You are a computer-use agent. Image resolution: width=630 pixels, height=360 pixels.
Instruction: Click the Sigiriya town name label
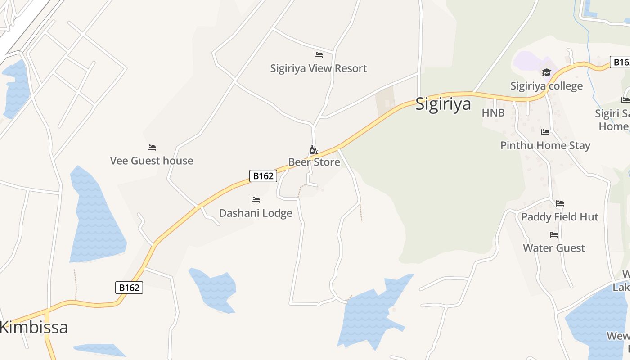[443, 104]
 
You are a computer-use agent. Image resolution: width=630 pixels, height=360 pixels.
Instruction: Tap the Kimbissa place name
[34, 327]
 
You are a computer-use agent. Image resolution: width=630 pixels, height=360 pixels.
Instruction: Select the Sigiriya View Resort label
[318, 68]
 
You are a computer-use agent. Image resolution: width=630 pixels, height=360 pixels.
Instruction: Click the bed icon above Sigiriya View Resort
[319, 55]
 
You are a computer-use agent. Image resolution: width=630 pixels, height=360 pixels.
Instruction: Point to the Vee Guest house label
[152, 161]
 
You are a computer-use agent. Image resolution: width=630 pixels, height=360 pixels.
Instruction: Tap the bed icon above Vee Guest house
[152, 148]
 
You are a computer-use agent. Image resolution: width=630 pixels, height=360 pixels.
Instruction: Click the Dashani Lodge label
[256, 213]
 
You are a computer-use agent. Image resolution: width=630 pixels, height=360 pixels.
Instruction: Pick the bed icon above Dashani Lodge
[256, 200]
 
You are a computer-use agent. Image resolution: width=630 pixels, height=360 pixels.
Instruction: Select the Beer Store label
[314, 162]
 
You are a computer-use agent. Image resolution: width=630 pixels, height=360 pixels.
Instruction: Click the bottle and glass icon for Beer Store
[314, 150]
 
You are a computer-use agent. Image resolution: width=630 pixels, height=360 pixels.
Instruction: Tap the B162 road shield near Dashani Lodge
[263, 176]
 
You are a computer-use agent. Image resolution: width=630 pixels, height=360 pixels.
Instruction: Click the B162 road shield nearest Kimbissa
[129, 288]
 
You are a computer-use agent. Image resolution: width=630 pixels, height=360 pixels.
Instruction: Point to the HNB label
[493, 112]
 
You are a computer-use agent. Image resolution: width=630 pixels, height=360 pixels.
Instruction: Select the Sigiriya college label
[546, 86]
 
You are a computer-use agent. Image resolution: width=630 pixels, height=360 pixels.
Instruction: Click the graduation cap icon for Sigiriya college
[546, 72]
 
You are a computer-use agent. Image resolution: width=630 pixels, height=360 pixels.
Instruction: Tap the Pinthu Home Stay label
[545, 145]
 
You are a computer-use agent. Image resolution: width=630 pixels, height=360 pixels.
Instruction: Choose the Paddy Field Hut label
[560, 217]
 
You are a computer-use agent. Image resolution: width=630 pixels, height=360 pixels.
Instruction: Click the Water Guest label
[554, 248]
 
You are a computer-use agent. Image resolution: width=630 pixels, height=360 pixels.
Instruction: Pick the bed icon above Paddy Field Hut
[560, 204]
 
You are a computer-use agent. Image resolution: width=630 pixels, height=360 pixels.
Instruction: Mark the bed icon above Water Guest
[554, 235]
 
